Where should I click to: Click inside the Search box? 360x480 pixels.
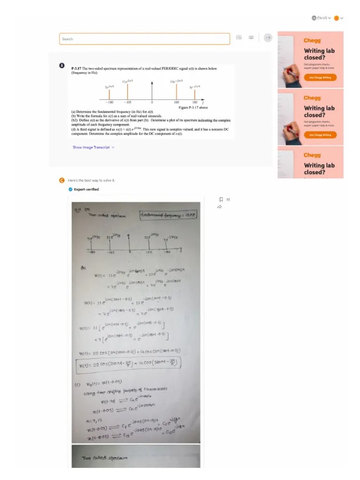click(x=144, y=39)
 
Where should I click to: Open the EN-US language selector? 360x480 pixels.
click(x=322, y=18)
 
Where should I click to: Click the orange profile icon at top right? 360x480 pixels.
click(x=336, y=18)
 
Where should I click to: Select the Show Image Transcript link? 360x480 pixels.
click(x=93, y=147)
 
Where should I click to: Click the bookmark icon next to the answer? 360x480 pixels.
click(x=221, y=200)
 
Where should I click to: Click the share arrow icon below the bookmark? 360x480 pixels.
click(x=220, y=207)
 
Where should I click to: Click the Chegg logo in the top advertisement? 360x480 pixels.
click(x=312, y=40)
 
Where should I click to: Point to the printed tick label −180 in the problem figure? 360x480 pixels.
click(x=109, y=102)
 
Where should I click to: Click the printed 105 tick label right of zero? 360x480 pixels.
click(x=177, y=102)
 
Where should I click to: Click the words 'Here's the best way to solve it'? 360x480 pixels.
click(x=91, y=180)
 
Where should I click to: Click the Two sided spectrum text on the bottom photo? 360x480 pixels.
click(x=99, y=457)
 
